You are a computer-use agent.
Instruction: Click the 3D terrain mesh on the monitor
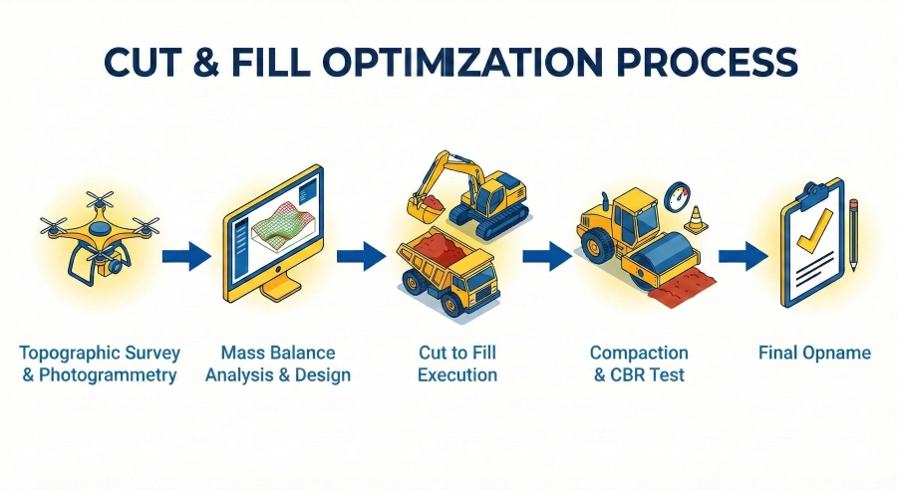[x=283, y=221]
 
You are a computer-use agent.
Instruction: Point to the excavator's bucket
[x=426, y=208]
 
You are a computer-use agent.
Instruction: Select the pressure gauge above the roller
[x=678, y=193]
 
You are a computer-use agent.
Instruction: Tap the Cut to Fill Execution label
[x=457, y=365]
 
